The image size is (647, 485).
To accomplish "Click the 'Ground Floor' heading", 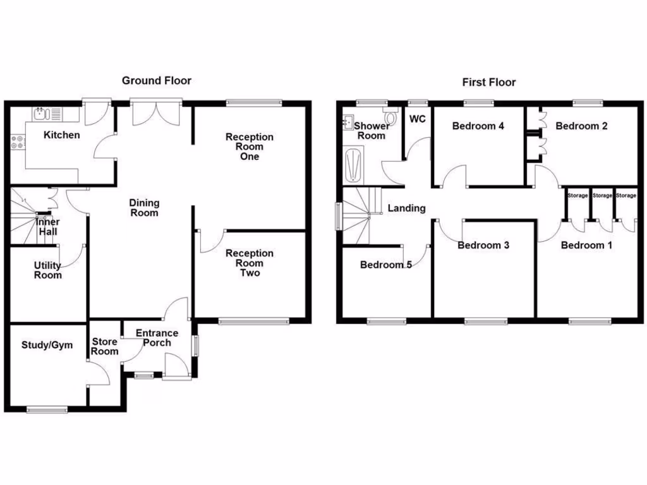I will point(156,80).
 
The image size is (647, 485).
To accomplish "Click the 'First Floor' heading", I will point(488,82).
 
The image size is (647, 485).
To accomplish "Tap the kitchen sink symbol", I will point(42,114).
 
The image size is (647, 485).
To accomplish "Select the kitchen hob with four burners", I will point(17,143).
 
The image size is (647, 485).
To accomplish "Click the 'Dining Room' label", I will point(144,208).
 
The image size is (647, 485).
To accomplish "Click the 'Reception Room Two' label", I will point(250,263).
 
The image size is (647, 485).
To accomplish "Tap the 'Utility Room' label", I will point(48,270).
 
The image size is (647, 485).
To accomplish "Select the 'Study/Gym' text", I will point(47,345).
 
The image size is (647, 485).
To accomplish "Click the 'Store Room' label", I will point(105,346).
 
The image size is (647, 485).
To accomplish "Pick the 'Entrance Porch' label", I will point(157,338).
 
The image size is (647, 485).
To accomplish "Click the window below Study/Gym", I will point(47,409).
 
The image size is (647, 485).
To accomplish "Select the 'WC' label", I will point(417,119).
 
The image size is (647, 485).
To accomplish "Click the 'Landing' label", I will point(406,208).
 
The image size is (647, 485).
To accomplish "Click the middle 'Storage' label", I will point(602,196).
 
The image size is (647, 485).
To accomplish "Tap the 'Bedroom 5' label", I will point(385,265).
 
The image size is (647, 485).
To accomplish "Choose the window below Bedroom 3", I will point(485,321).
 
